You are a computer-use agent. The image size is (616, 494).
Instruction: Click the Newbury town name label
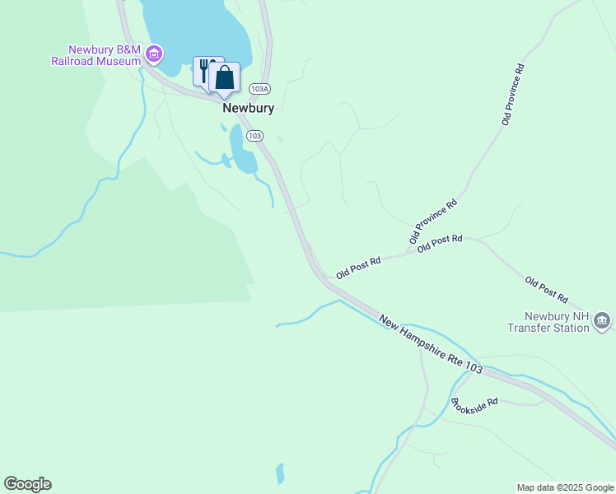[248, 108]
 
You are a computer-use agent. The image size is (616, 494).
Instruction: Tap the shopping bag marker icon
[224, 77]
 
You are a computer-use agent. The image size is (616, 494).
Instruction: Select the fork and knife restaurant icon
[203, 70]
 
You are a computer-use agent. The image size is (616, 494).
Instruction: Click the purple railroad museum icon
[153, 55]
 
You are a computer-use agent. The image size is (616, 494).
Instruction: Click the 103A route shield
[259, 88]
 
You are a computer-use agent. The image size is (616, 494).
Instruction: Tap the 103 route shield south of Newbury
[254, 135]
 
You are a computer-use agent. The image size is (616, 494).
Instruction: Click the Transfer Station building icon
[602, 319]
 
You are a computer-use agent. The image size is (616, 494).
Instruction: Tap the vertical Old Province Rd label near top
[513, 95]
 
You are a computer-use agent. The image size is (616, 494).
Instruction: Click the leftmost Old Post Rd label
[358, 268]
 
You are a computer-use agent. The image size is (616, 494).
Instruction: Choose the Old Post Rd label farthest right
[547, 290]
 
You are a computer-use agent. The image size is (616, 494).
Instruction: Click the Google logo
[27, 484]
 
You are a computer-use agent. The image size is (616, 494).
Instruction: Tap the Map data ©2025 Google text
[564, 487]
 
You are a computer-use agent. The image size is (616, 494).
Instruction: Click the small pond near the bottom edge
[280, 473]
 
